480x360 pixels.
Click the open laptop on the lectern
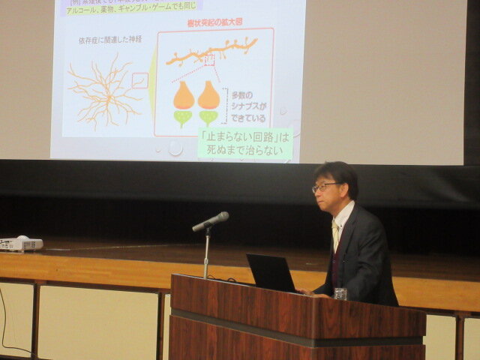click(x=270, y=272)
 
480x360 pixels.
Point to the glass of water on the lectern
click(x=340, y=293)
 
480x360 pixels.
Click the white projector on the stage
click(x=20, y=244)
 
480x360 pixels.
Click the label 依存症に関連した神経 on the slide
click(x=109, y=38)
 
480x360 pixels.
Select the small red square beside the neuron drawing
click(x=140, y=80)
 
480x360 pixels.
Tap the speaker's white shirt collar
click(x=343, y=217)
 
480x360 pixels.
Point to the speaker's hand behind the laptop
click(x=303, y=291)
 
